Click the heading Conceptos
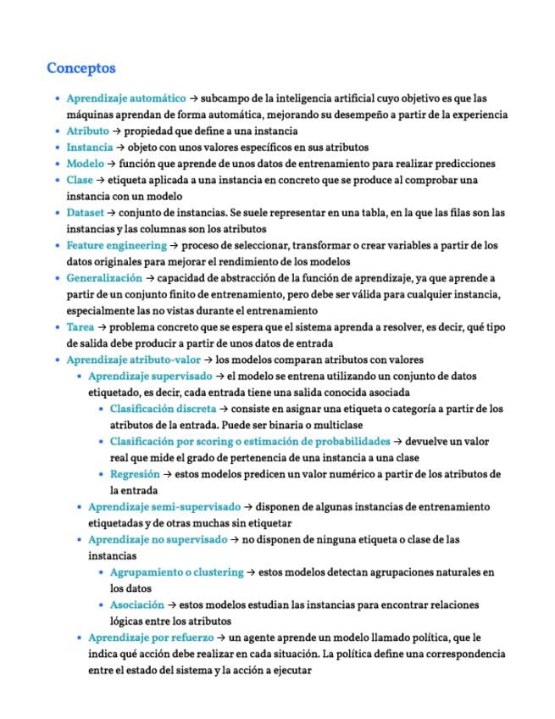81,68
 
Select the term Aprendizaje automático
125,98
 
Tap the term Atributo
87,131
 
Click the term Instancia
89,147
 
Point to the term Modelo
85,163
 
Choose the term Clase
80,180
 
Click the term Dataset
86,212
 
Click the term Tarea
81,326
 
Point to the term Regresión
135,474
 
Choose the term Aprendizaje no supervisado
158,539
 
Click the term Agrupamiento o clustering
176,572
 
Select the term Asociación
136,605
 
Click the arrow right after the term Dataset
112,213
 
